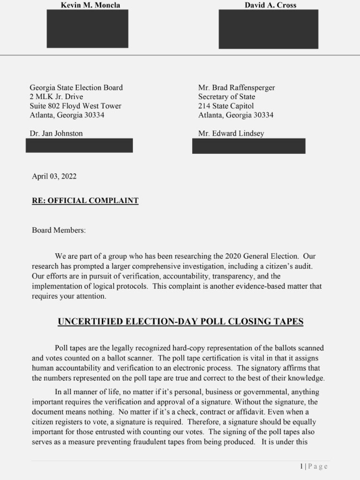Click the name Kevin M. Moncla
[90, 5]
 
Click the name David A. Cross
[270, 5]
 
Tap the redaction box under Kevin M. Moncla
[87, 29]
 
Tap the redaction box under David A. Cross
[268, 29]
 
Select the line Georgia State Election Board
[76, 88]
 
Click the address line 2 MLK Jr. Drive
[56, 97]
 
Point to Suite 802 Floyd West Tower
[75, 106]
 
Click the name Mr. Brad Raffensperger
[236, 88]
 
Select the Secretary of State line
[226, 97]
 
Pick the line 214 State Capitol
[225, 106]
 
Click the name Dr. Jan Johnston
[56, 134]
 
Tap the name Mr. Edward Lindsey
[231, 134]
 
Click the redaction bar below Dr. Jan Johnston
[79, 145]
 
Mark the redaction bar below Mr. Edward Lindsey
[248, 146]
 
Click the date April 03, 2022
[54, 177]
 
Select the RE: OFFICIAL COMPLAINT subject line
[85, 201]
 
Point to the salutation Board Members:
[59, 230]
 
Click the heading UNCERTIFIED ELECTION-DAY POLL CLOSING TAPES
[180, 322]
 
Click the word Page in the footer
[318, 466]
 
